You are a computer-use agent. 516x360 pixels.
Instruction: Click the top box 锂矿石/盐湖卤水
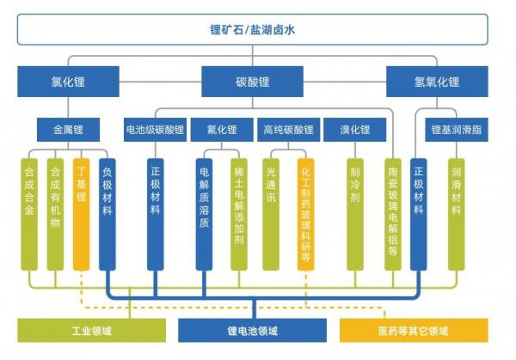click(x=252, y=29)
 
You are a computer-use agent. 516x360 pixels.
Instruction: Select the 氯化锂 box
click(x=68, y=82)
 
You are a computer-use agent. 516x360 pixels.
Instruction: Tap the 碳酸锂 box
click(x=252, y=82)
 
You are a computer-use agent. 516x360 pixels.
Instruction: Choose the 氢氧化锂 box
click(x=437, y=82)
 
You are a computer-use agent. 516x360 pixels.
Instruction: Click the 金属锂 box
click(x=68, y=130)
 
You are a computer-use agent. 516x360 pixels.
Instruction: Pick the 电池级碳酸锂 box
click(x=155, y=130)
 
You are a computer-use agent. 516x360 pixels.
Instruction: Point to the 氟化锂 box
click(x=222, y=130)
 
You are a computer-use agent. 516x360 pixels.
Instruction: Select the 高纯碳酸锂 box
click(x=289, y=130)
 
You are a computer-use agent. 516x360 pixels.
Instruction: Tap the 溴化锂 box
click(x=354, y=130)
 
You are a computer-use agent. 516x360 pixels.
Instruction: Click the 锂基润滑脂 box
click(x=457, y=130)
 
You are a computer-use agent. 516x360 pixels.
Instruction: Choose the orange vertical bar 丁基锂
click(x=82, y=214)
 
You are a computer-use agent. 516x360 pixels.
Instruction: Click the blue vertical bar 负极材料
click(x=107, y=214)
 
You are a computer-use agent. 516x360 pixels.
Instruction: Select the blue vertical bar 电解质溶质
click(x=204, y=214)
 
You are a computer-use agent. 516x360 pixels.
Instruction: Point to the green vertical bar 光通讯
click(x=271, y=214)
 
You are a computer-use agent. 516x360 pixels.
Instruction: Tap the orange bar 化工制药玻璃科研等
click(x=305, y=214)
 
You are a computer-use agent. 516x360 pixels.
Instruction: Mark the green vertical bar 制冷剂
click(x=355, y=214)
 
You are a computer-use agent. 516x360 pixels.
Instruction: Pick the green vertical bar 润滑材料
click(x=457, y=214)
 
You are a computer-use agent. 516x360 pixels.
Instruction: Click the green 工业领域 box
click(x=91, y=331)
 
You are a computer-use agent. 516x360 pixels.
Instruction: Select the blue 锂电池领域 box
click(x=252, y=331)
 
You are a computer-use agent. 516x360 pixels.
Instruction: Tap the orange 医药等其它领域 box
click(x=414, y=331)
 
